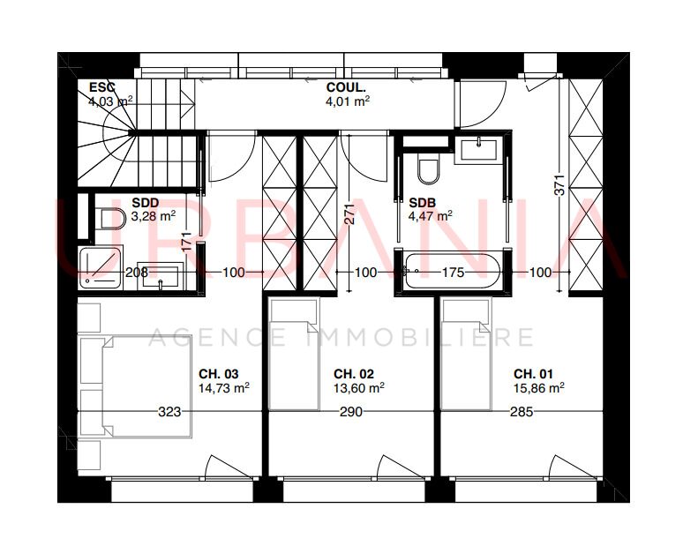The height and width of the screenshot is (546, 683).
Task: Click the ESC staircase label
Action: (x=102, y=87)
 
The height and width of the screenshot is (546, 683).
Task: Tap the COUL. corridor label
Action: (x=346, y=87)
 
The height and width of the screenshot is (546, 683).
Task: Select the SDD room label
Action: (x=146, y=203)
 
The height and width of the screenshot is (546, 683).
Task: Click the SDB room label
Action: (x=422, y=203)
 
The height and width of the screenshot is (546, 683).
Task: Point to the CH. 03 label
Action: (x=219, y=374)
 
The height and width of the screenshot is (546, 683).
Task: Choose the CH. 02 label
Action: (x=354, y=374)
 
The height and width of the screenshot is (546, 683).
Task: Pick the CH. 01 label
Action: (x=533, y=374)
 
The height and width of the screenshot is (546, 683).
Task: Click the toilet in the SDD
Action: (x=109, y=219)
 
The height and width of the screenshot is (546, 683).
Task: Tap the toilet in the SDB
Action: (x=428, y=170)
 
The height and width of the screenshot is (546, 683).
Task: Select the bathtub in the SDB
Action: (x=452, y=272)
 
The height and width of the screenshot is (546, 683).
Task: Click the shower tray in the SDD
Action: (x=101, y=267)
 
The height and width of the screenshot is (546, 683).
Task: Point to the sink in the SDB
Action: (x=478, y=150)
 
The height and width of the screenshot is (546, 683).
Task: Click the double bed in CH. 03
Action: (x=136, y=386)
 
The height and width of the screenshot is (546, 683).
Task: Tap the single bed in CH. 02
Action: (x=295, y=354)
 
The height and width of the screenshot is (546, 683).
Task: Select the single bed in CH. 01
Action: (x=466, y=354)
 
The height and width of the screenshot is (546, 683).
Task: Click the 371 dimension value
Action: (x=560, y=184)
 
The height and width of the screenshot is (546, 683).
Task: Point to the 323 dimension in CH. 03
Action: (x=169, y=411)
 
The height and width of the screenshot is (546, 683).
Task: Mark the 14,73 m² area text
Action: (x=224, y=387)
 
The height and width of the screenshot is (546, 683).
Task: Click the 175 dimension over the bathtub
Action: (x=453, y=273)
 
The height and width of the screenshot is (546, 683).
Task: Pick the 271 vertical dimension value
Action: (x=349, y=214)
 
